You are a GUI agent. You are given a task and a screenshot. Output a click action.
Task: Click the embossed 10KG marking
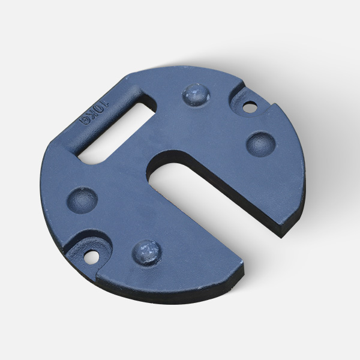(94, 113)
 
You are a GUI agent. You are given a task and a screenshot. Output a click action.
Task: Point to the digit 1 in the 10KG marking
(105, 103)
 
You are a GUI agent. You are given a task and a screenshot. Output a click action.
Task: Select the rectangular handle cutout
(117, 134)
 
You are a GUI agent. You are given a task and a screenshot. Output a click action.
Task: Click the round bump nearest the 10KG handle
(196, 94)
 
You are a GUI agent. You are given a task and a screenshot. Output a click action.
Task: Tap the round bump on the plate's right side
(260, 144)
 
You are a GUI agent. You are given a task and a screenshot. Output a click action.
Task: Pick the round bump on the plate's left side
(82, 200)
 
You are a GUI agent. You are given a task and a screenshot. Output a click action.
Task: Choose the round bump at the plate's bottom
(146, 253)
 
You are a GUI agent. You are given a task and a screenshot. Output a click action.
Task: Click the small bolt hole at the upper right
(250, 107)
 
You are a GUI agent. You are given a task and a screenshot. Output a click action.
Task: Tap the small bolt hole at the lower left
(91, 257)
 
